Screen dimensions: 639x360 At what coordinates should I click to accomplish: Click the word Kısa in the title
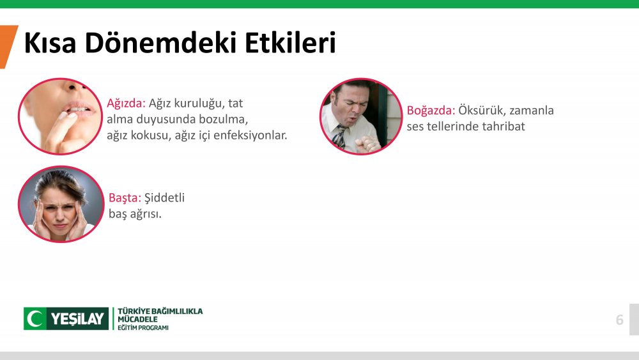[x=50, y=42]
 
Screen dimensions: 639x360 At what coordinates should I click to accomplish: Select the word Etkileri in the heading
[x=290, y=42]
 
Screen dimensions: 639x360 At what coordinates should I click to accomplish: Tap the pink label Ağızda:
[x=126, y=103]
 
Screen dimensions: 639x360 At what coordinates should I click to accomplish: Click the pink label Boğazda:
[x=431, y=111]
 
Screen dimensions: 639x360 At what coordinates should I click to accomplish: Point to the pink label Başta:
[x=125, y=198]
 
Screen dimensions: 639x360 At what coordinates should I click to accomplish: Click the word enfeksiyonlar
[x=250, y=135]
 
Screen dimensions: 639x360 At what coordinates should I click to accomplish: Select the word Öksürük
[x=482, y=110]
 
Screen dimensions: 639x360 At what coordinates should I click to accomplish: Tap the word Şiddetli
[x=164, y=198]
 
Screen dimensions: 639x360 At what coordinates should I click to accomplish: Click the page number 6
[x=619, y=320]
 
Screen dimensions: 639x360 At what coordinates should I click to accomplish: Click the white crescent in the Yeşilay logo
[x=35, y=318]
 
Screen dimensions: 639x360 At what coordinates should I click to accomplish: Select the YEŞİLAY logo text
[x=78, y=319]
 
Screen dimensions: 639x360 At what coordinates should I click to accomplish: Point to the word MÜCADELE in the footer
[x=137, y=319]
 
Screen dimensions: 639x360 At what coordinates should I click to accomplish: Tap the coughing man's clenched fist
[x=367, y=143]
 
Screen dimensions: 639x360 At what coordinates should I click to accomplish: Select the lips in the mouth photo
[x=79, y=109]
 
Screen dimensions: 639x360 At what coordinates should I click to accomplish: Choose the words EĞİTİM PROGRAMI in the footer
[x=143, y=328]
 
